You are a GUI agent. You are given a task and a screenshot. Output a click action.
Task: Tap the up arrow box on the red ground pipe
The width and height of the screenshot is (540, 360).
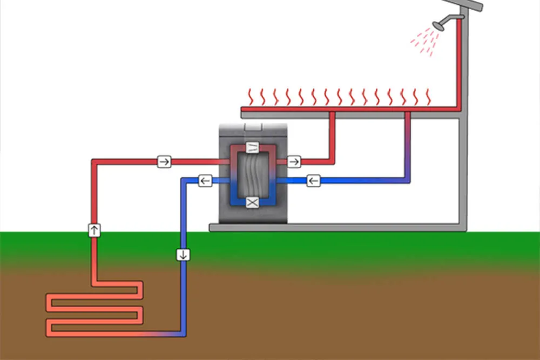click(x=94, y=230)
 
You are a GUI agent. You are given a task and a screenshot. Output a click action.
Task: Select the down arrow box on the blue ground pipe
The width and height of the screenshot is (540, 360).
click(x=183, y=254)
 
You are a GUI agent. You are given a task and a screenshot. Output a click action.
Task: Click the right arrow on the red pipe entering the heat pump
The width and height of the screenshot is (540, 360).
click(x=164, y=161)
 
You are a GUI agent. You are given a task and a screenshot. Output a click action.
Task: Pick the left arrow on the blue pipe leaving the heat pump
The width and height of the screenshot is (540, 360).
click(x=205, y=181)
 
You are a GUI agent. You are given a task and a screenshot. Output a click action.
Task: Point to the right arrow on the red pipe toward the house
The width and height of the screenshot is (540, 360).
click(x=294, y=161)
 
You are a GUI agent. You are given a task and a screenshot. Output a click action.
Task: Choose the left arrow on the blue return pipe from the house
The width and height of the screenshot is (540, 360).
click(x=314, y=181)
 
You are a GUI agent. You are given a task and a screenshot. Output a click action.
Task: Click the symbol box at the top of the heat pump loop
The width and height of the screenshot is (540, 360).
click(x=253, y=147)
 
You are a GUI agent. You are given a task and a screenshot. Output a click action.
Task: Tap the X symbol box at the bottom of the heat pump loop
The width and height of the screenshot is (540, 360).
click(x=253, y=202)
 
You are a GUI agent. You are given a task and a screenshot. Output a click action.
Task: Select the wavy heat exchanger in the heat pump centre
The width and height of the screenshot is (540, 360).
click(x=253, y=175)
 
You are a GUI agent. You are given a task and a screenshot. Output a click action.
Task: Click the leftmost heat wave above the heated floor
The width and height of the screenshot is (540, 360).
click(x=250, y=97)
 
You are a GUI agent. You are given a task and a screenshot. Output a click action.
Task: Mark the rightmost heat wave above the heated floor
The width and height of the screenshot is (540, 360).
click(x=429, y=97)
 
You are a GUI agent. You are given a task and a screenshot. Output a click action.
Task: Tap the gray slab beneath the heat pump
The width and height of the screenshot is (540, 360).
click(x=335, y=228)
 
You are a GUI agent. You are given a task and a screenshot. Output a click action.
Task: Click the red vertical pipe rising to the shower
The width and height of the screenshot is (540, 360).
click(x=460, y=65)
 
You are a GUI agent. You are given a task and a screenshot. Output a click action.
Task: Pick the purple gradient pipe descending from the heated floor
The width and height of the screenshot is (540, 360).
click(x=407, y=146)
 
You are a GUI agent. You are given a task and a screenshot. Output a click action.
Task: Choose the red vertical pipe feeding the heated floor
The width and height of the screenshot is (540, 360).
click(x=333, y=135)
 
